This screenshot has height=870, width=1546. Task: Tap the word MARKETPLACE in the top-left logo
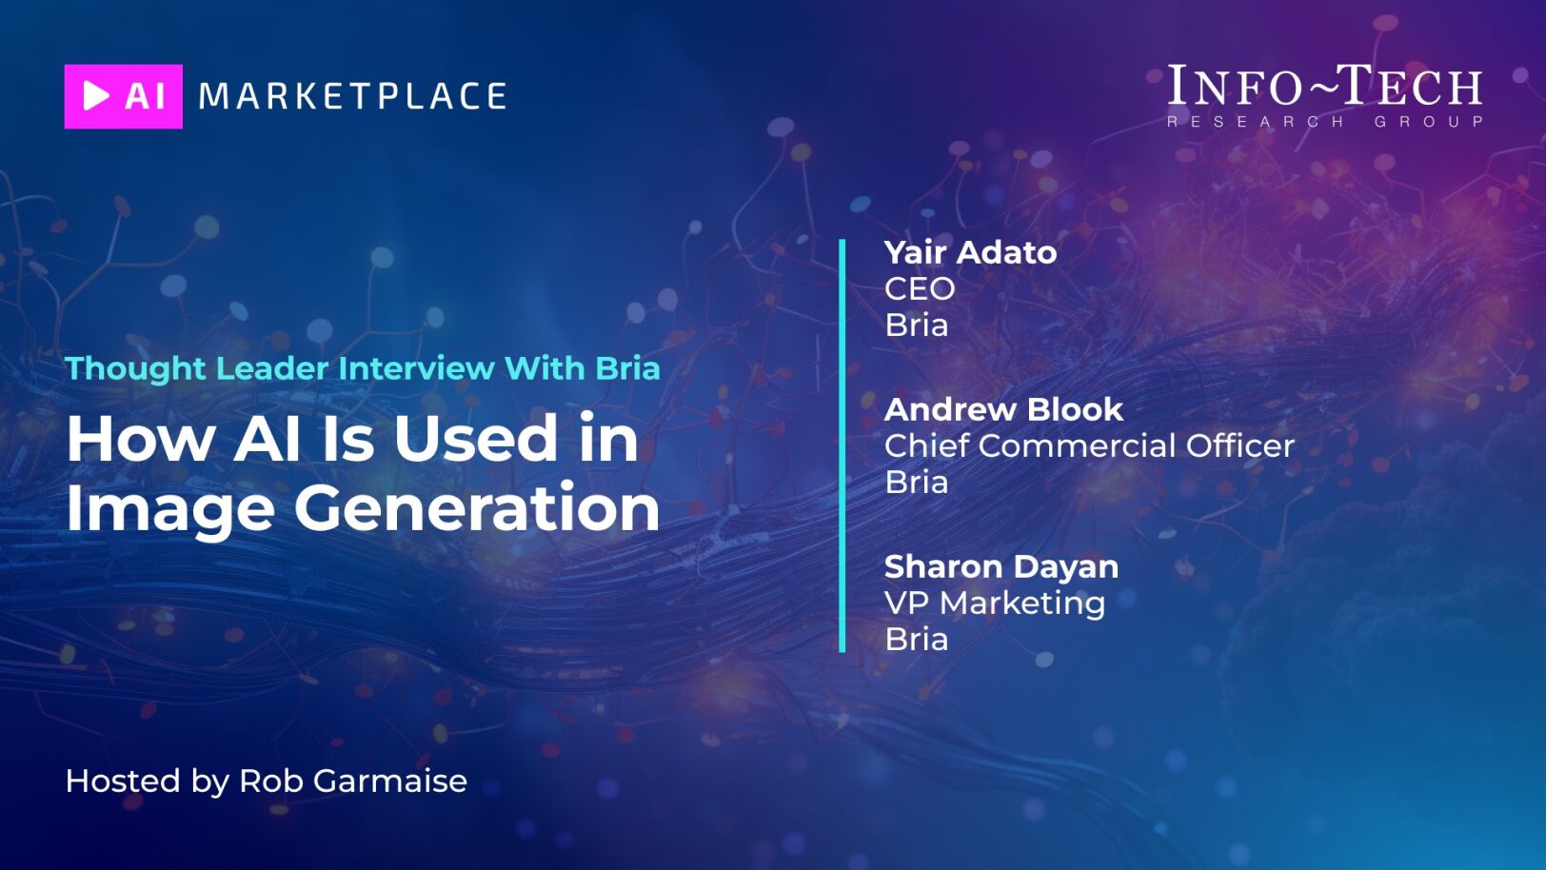[x=352, y=96]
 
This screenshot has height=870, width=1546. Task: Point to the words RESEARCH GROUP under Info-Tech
[x=1324, y=122]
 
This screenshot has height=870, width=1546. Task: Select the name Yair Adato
[x=970, y=252]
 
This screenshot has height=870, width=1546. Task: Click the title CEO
[x=920, y=289]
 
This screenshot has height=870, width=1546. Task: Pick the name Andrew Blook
[x=1003, y=409]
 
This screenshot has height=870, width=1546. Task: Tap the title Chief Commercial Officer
[x=1089, y=445]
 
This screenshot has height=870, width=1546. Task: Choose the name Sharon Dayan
[x=1001, y=567]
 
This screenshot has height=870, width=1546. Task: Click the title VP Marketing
[x=995, y=603]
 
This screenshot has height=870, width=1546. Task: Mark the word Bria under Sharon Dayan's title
[x=917, y=640]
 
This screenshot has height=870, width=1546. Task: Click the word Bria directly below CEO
[x=917, y=326]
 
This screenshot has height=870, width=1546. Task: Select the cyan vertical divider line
[x=842, y=445]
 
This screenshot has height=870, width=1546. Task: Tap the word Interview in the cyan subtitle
[x=416, y=368]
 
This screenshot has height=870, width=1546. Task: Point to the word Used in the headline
[x=476, y=439]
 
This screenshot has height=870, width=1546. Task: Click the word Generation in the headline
[x=477, y=508]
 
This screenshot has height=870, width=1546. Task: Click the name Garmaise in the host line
[x=390, y=781]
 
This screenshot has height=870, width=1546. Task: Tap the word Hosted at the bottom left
[x=123, y=781]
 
